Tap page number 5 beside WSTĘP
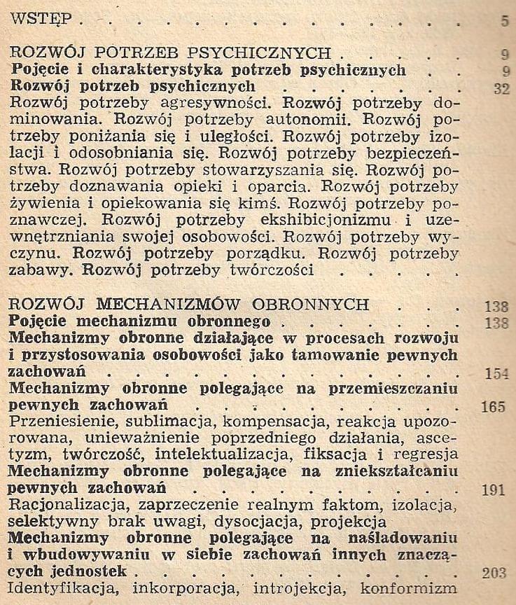tap(505, 21)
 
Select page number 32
tap(501, 88)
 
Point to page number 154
tap(496, 373)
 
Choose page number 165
tap(494, 406)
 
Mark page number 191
tap(494, 489)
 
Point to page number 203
tap(494, 573)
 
